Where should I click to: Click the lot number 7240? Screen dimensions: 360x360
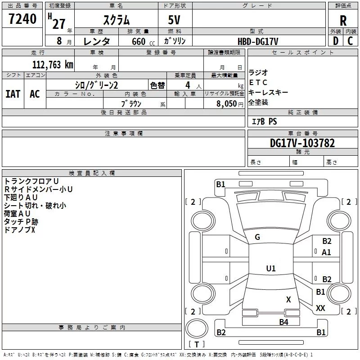coord(22,19)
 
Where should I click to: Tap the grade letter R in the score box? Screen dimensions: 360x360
coord(343,21)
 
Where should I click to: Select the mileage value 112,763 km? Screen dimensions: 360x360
coord(53,64)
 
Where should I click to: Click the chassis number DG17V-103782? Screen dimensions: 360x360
coord(302,143)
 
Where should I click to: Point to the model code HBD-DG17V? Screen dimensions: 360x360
coord(258,41)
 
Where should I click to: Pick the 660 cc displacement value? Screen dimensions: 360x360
coord(143,41)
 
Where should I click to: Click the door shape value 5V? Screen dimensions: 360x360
coord(174,20)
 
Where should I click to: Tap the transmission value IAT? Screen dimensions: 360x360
coord(13,94)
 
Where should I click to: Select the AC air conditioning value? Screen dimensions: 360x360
coord(35,94)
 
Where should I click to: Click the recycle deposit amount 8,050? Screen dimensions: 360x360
coord(227,103)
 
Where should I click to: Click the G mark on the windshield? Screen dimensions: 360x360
coord(257,237)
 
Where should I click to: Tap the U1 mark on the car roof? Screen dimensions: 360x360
coord(271,268)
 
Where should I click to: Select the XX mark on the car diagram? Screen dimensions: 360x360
coord(320,308)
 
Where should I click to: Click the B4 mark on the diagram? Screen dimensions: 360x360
coord(283,322)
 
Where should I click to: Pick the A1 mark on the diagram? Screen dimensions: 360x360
coord(326,252)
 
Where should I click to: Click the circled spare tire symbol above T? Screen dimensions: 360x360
coord(197,328)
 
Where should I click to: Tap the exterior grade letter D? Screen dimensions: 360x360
coord(336,41)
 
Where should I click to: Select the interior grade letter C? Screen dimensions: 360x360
coord(350,41)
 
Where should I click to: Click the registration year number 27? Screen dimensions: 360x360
coord(59,24)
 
